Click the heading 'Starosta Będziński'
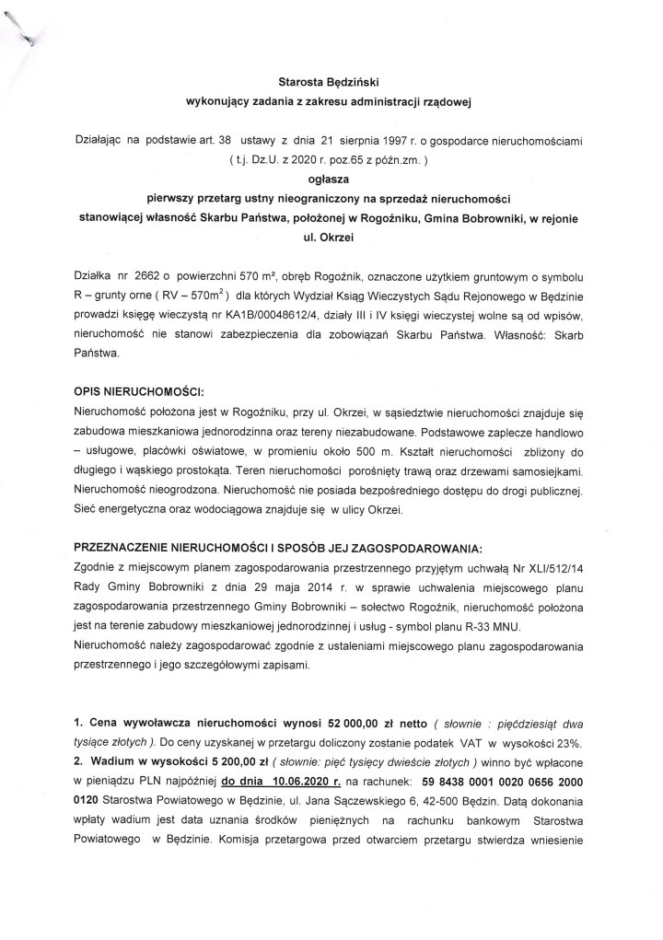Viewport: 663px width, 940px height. coord(331,82)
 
